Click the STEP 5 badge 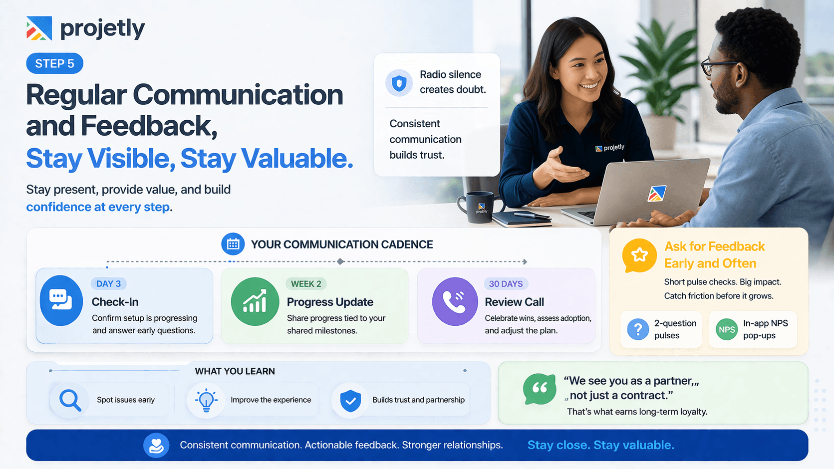coord(54,63)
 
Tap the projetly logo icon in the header coord(39,28)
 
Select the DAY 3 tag coord(108,284)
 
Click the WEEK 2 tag coord(306,284)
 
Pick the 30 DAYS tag coord(506,284)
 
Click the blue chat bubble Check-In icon coord(61,300)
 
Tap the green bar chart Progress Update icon coord(255,301)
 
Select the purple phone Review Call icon coord(455,301)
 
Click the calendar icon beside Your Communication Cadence coord(233,244)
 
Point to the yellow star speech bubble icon coord(639,255)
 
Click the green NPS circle coord(727,329)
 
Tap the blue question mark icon coord(638,329)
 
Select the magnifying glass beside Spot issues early coord(70,400)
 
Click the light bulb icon coord(206,400)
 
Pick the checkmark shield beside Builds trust coord(350,400)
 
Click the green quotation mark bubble coord(540,389)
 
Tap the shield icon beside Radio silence coord(399,83)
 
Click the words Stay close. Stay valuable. coord(600,445)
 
